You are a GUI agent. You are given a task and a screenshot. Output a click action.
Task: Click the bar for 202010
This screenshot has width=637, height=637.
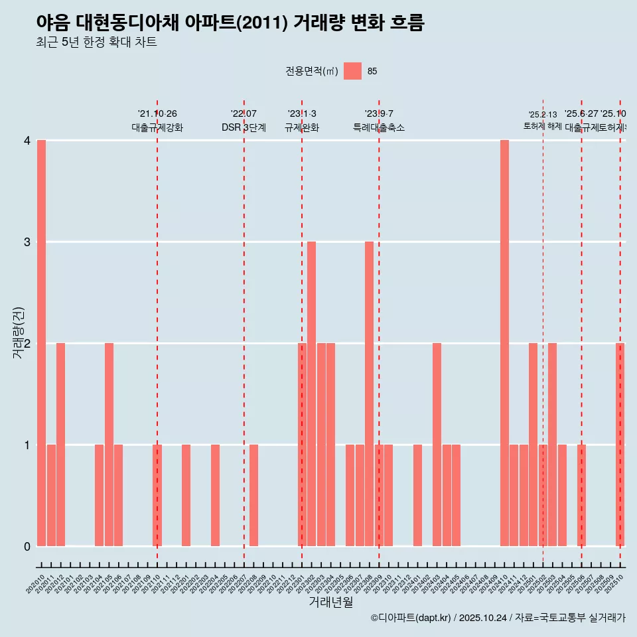pyautogui.click(x=41, y=343)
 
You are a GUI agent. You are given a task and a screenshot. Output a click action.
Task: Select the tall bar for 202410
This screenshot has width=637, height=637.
pyautogui.click(x=504, y=343)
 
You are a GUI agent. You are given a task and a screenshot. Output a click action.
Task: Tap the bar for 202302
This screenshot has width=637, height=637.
pyautogui.click(x=311, y=393)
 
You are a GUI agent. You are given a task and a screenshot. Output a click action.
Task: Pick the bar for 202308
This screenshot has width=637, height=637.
pyautogui.click(x=369, y=393)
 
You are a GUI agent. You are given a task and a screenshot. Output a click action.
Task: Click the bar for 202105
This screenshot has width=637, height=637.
pyautogui.click(x=109, y=445)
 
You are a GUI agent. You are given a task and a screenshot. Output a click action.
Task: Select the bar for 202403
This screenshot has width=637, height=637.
pyautogui.click(x=437, y=445)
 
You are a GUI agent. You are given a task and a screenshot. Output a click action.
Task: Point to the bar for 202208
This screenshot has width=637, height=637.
pyautogui.click(x=253, y=495)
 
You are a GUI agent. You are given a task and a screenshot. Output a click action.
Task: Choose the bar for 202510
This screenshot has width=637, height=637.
pyautogui.click(x=620, y=445)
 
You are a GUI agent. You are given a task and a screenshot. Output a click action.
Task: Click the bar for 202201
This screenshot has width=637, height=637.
pyautogui.click(x=186, y=495)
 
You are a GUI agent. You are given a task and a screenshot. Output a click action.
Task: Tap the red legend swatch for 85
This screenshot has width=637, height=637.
pyautogui.click(x=352, y=71)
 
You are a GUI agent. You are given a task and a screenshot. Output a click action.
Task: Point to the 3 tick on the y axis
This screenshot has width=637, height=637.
pyautogui.click(x=27, y=242)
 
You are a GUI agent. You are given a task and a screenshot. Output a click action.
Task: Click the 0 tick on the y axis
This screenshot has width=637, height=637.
pyautogui.click(x=27, y=547)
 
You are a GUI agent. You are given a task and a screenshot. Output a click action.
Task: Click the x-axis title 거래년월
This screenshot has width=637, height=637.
pyautogui.click(x=330, y=602)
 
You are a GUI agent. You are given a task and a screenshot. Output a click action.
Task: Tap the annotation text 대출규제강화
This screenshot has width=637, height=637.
pyautogui.click(x=157, y=127)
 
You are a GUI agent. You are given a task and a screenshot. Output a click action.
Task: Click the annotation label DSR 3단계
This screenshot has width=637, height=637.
pyautogui.click(x=244, y=127)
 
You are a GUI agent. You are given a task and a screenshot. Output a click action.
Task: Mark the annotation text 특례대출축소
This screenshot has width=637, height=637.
pyautogui.click(x=379, y=127)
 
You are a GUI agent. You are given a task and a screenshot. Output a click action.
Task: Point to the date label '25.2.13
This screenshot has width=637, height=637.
pyautogui.click(x=543, y=115)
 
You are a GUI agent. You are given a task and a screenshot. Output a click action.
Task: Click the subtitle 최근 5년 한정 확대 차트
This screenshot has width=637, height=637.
pyautogui.click(x=97, y=43)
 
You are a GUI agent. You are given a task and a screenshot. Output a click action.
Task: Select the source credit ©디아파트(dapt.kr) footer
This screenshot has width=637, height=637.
pyautogui.click(x=498, y=618)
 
